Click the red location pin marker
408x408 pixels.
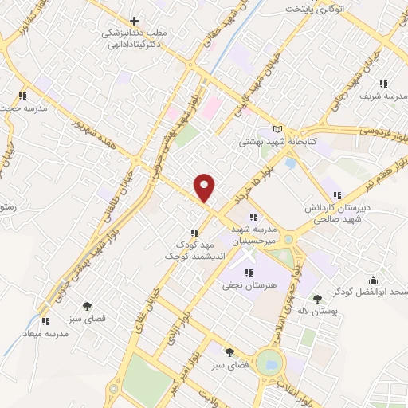pos(206,186)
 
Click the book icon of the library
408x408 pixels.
pos(277,129)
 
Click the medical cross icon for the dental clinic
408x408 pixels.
pos(134,20)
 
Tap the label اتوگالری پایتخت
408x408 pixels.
pos(320,10)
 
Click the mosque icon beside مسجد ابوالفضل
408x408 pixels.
pos(372,279)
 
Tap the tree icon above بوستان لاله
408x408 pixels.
pos(317,300)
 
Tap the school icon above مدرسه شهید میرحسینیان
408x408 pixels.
pos(253,217)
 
